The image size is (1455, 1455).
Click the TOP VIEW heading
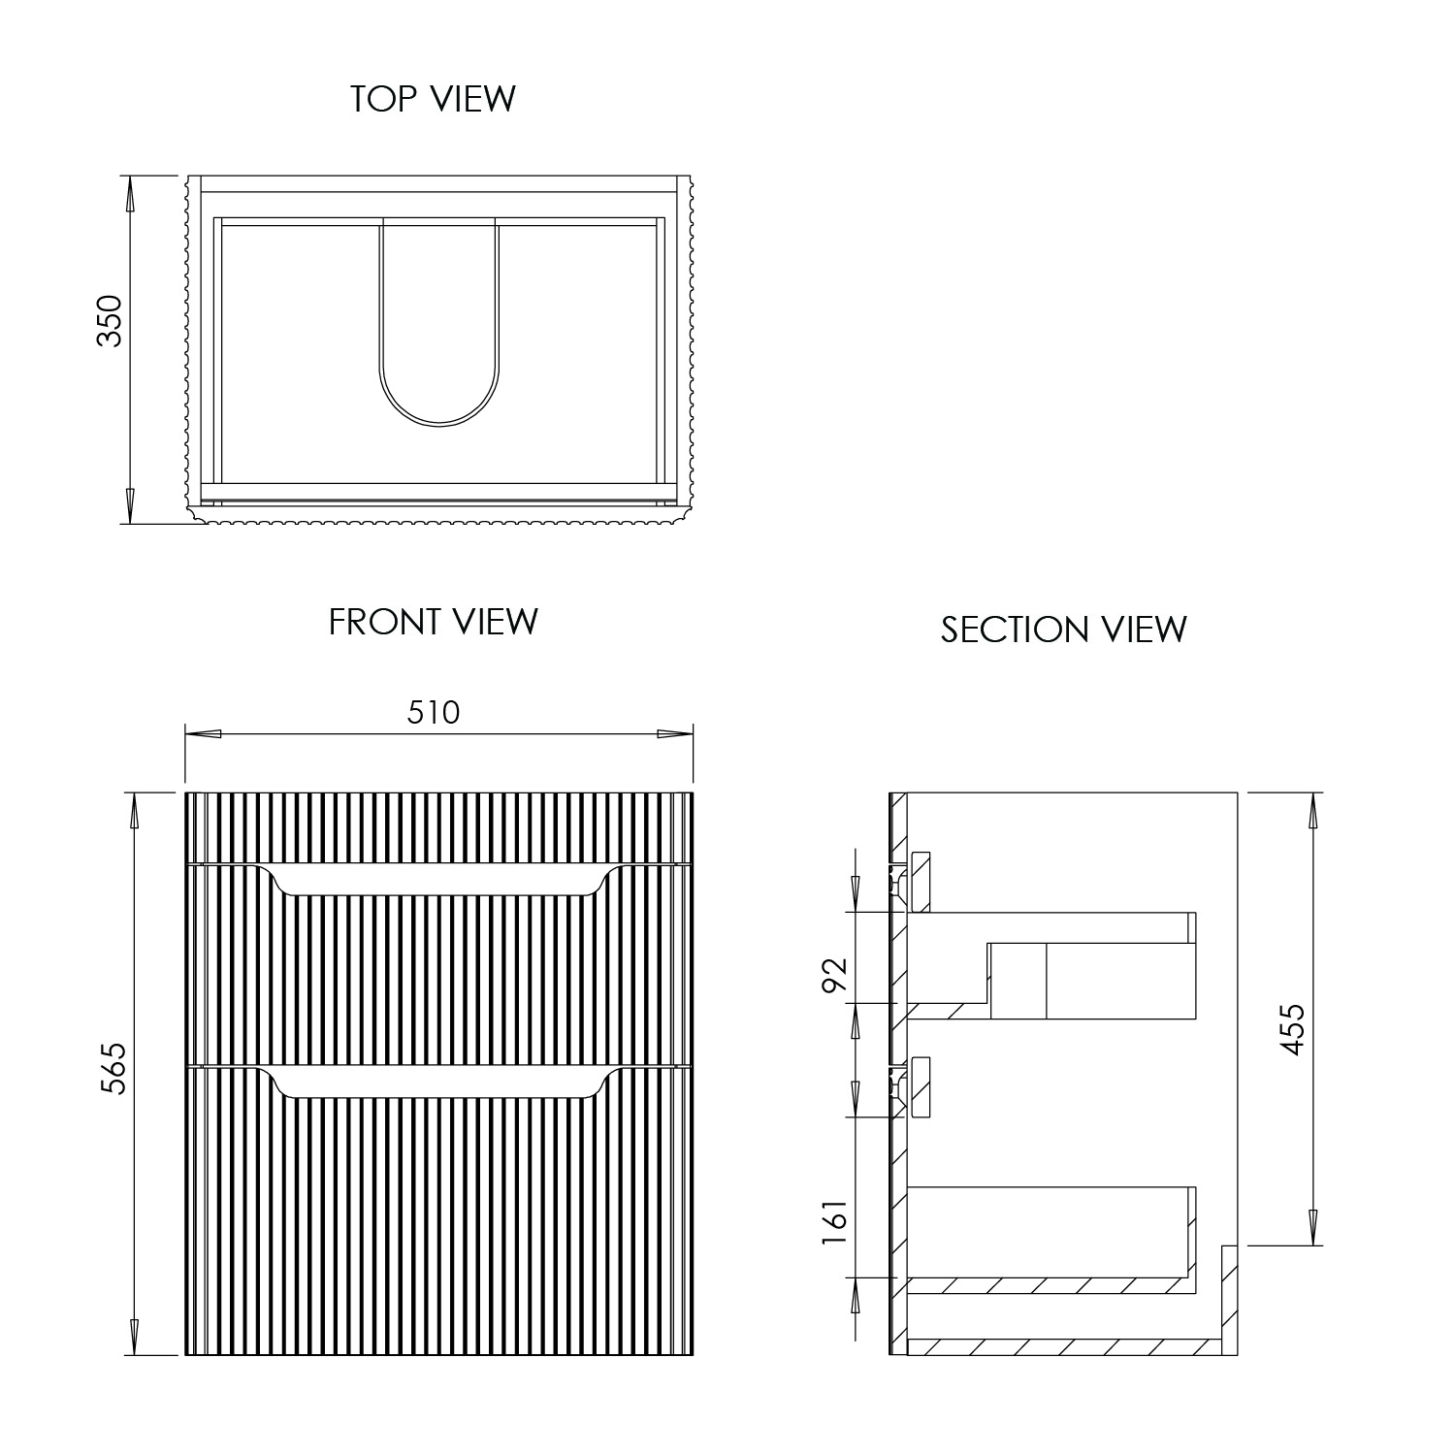[x=433, y=99]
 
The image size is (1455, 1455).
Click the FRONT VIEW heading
[x=433, y=622]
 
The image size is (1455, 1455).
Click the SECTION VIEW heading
[x=1063, y=630]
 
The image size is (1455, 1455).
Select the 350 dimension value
[x=111, y=321]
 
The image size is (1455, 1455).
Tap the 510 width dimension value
[x=433, y=713]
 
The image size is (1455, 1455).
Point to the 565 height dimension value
[x=114, y=1069]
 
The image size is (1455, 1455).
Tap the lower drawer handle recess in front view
[x=439, y=1083]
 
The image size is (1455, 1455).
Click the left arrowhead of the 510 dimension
[x=202, y=733]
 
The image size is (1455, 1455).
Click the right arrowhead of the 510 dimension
[x=675, y=733]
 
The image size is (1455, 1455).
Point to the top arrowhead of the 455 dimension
[x=1313, y=811]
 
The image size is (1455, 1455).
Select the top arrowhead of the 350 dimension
[x=128, y=194]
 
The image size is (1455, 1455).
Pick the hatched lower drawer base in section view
[x=1048, y=1285]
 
